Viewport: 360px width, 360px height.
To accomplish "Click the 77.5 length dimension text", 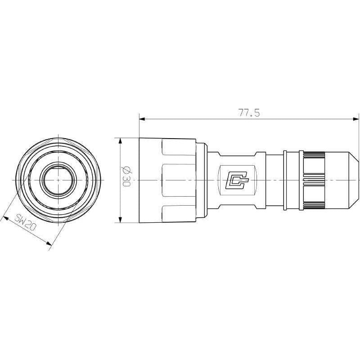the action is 249,113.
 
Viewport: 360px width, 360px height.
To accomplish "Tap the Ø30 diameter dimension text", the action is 126,176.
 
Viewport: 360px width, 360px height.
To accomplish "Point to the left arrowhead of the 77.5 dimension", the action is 142,119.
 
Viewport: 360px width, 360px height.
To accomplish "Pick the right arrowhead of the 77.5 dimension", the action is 356,119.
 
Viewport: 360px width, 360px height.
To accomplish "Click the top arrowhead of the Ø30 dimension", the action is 120,141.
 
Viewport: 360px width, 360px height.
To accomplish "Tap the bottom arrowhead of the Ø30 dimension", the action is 120,220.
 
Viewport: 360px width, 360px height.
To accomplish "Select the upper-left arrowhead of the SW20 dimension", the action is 5,218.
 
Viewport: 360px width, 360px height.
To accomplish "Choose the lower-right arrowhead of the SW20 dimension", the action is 49,243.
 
